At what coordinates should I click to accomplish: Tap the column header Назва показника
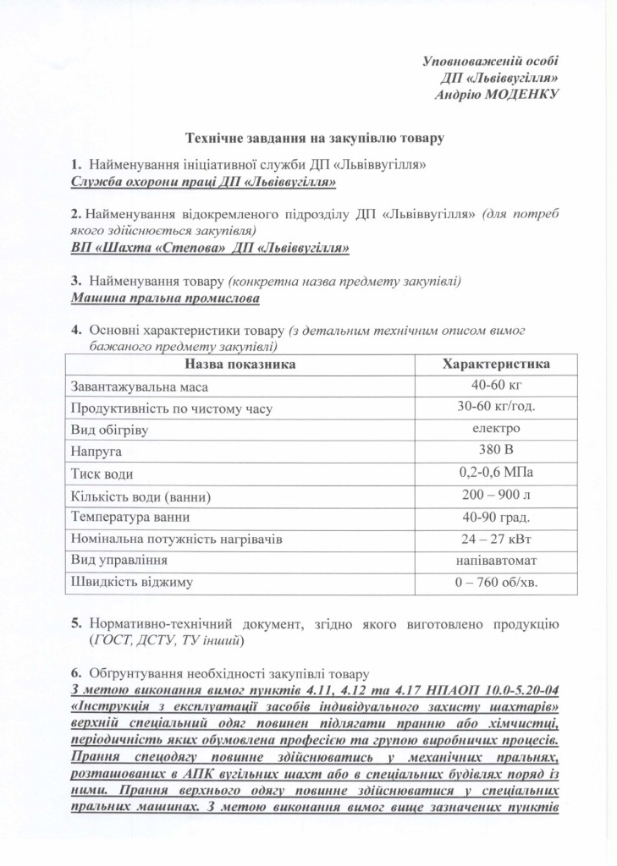point(240,364)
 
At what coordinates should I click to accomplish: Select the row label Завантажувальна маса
point(140,386)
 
